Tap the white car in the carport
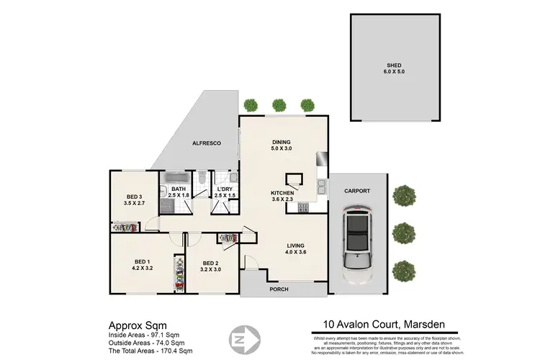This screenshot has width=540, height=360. [x=358, y=245]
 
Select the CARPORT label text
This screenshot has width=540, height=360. [x=358, y=192]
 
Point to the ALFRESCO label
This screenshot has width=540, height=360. [x=206, y=144]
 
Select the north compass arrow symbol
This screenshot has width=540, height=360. [x=239, y=339]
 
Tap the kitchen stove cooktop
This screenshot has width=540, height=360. [x=303, y=209]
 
